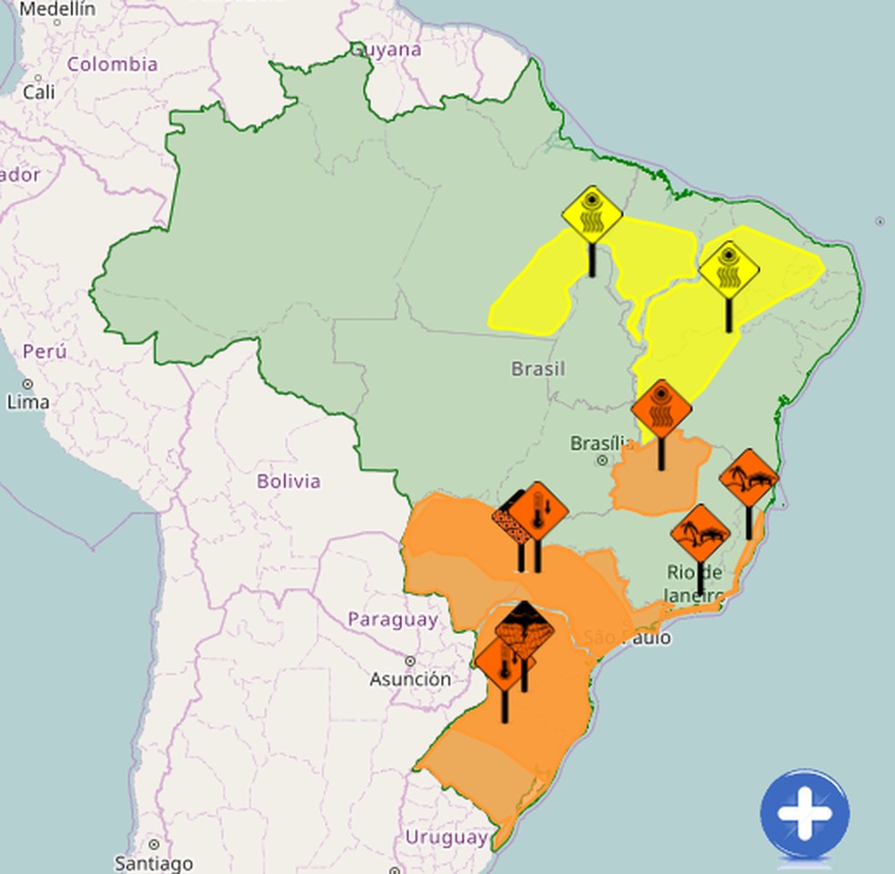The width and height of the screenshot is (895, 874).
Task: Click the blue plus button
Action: point(805,815)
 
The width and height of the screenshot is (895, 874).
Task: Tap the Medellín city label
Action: point(56,9)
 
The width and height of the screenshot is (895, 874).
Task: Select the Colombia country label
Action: point(113,65)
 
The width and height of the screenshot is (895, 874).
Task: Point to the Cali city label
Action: point(39,92)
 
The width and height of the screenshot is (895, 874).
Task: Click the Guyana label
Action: point(387,49)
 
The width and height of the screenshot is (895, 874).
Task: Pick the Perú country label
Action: point(45,351)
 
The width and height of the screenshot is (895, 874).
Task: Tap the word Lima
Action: point(28,401)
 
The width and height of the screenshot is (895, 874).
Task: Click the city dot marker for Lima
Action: point(27,384)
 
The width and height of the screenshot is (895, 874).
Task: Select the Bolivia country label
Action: point(288,481)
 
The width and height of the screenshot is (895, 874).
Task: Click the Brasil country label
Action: point(538,368)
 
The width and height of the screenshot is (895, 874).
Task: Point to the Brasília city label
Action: point(601,443)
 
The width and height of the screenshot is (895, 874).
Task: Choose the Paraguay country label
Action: point(393,619)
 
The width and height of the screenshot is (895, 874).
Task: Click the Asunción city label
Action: point(410,678)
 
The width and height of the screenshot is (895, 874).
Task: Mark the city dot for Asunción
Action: point(411,661)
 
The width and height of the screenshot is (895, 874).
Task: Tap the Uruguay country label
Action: point(446,837)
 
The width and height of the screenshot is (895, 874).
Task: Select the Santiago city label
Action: point(154,862)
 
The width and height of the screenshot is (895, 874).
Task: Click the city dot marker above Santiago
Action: point(154,845)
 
